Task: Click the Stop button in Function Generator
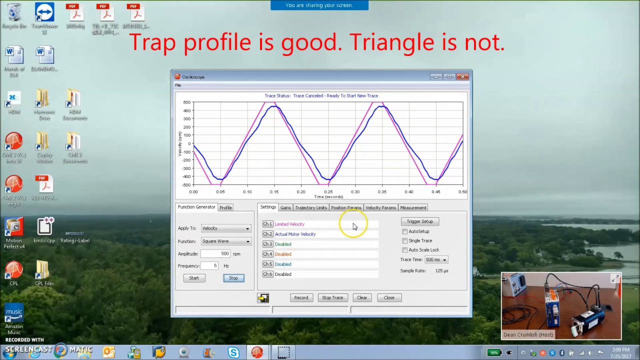coord(233,278)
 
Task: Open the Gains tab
coord(285,207)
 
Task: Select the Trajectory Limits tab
coord(310,207)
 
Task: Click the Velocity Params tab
coord(380,207)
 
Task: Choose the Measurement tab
coord(413,207)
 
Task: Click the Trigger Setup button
coord(419,221)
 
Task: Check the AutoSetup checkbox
coord(405,231)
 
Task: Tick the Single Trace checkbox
coord(405,240)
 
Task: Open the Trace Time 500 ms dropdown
coord(436,259)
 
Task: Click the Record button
coord(301,297)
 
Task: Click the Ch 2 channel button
coord(267,234)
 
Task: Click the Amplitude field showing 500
coord(215,253)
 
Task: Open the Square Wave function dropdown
coord(225,241)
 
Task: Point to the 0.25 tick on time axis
coord(328,192)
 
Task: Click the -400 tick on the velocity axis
coord(186,176)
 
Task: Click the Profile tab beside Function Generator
coord(225,207)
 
